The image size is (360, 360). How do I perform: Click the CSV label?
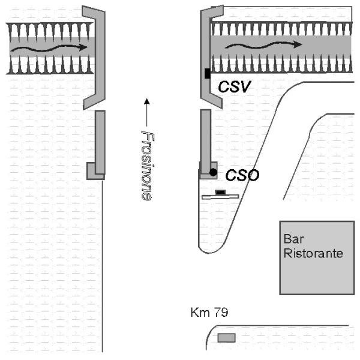[235, 86]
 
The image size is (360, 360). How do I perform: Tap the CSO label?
[242, 175]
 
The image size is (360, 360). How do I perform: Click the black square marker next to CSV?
[208, 73]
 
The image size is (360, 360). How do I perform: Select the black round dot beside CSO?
[213, 172]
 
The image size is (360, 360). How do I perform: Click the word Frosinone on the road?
[147, 166]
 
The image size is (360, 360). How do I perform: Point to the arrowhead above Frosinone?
[147, 101]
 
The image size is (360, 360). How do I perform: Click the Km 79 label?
[209, 312]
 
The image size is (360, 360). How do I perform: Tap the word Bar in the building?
[293, 239]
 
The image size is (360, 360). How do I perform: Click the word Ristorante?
[313, 253]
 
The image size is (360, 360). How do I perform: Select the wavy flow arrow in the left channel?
[49, 49]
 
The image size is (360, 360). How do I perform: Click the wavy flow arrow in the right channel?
[263, 45]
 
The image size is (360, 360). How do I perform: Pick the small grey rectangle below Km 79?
[226, 338]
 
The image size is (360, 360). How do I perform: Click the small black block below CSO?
[220, 192]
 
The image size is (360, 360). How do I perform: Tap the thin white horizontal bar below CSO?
[220, 197]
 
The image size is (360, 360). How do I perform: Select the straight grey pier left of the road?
[100, 142]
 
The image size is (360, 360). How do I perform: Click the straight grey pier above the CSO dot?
[206, 141]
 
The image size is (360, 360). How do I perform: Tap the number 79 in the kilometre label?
[221, 312]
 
